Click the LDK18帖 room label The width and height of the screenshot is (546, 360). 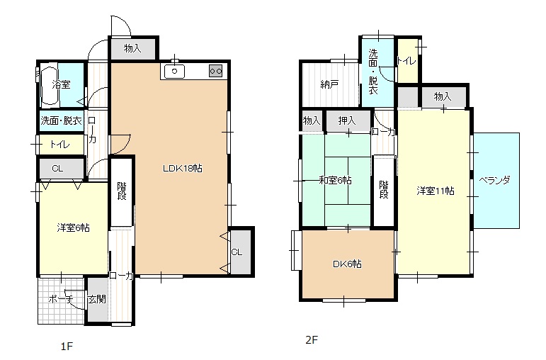[x=183, y=169]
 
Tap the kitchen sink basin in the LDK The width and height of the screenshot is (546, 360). [x=174, y=72]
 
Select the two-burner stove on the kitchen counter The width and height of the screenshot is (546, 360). [x=215, y=71]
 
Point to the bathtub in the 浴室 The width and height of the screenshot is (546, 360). [x=49, y=85]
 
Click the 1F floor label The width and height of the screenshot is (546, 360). [x=67, y=347]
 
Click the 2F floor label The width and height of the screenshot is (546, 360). [x=312, y=339]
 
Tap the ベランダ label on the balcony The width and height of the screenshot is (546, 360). [x=494, y=181]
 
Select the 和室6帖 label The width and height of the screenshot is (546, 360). [x=336, y=181]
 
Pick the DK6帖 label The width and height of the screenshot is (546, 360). [x=347, y=264]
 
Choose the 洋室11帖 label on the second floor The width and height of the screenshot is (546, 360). [x=436, y=191]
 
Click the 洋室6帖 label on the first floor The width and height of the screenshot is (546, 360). [x=74, y=228]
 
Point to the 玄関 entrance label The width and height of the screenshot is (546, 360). [x=97, y=299]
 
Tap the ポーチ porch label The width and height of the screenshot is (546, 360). [x=61, y=299]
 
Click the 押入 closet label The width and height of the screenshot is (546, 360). [x=347, y=120]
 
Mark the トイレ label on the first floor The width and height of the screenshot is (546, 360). [x=60, y=145]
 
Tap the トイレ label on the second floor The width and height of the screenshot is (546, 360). [x=406, y=61]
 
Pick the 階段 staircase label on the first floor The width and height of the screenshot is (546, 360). [x=122, y=191]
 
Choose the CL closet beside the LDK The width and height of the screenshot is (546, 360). [x=237, y=252]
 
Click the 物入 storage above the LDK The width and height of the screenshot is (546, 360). [x=132, y=48]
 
